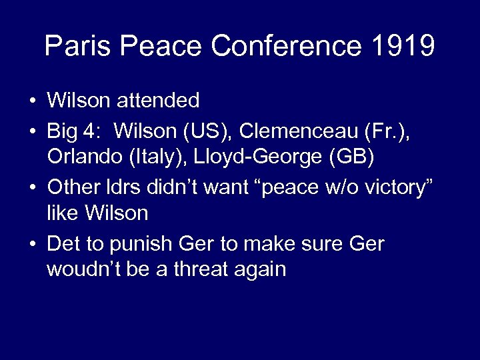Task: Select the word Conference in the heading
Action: pyautogui.click(x=287, y=46)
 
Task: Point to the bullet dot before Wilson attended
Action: pyautogui.click(x=32, y=102)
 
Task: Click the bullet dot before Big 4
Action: pyautogui.click(x=32, y=131)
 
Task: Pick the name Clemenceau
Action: pyautogui.click(x=294, y=130)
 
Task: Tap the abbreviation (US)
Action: pyautogui.click(x=207, y=130)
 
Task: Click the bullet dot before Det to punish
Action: pyautogui.click(x=32, y=243)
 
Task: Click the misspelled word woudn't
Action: pyautogui.click(x=85, y=269)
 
